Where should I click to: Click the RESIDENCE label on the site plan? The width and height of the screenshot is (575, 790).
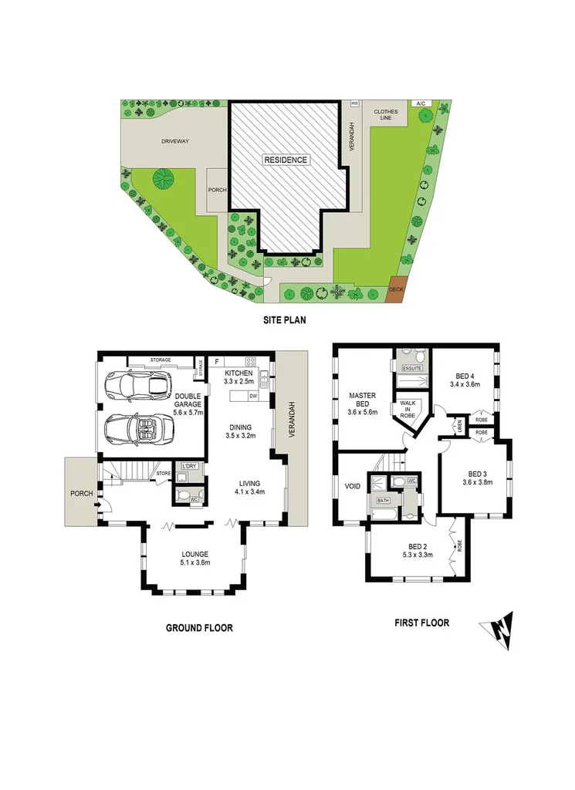[x=286, y=160]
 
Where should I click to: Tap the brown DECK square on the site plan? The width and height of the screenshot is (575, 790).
[x=397, y=289]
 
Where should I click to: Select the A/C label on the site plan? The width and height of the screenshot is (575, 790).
[x=420, y=103]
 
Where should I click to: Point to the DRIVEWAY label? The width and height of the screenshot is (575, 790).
[x=175, y=141]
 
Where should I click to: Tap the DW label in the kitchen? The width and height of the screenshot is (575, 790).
[x=253, y=397]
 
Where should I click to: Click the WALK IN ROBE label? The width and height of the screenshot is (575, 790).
[x=408, y=409]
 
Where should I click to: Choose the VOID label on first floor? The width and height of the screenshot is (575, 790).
[x=353, y=487]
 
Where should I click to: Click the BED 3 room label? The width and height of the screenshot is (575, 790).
[x=477, y=473]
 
